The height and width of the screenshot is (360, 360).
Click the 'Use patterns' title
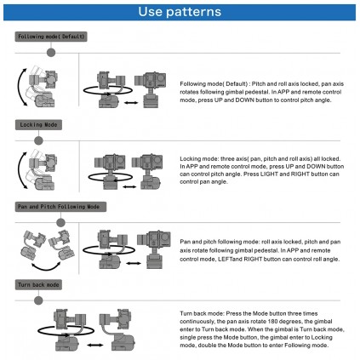click(x=180, y=12)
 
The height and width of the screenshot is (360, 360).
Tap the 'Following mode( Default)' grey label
click(x=51, y=37)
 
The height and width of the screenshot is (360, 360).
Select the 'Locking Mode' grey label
click(x=38, y=125)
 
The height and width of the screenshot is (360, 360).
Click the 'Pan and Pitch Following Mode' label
click(x=60, y=207)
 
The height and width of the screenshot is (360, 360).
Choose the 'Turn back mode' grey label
click(x=38, y=285)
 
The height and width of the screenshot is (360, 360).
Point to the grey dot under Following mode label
click(x=51, y=53)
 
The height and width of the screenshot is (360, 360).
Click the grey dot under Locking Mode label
click(x=38, y=140)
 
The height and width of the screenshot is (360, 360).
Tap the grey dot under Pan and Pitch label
click(x=60, y=223)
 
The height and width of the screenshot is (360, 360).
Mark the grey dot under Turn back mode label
click(x=38, y=300)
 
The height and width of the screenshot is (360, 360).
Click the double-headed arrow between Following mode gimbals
click(x=131, y=103)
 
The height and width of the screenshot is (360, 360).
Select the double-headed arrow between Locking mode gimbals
click(x=129, y=186)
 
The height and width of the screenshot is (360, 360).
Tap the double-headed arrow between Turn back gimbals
click(x=95, y=345)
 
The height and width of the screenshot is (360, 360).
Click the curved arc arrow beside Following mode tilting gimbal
click(x=18, y=87)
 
